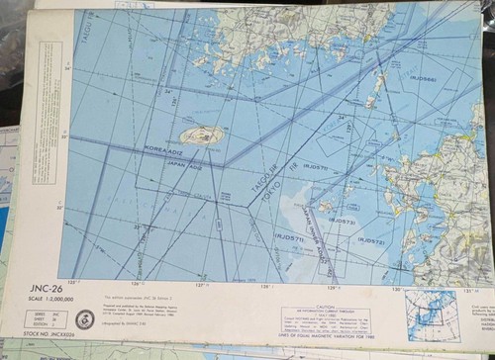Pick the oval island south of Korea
click(201, 136)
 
